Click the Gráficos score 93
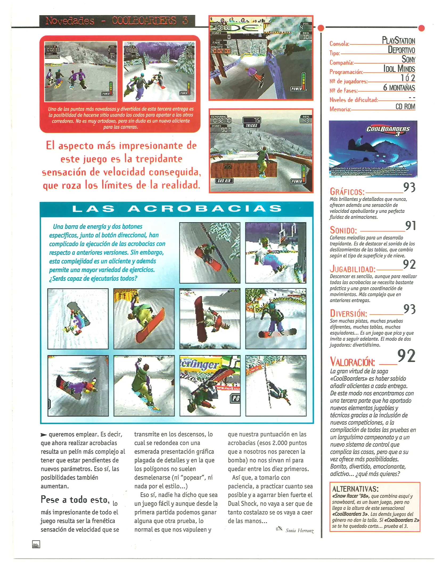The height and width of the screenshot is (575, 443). [409, 187]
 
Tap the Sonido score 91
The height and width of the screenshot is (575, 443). [410, 226]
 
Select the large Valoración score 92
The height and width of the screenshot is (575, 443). [406, 356]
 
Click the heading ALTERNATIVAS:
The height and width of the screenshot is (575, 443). [355, 489]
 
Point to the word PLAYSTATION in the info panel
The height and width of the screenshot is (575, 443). [398, 40]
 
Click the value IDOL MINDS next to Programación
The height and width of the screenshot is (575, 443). [399, 69]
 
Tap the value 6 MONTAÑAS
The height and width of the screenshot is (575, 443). [399, 88]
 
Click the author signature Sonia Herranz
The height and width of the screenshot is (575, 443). [299, 531]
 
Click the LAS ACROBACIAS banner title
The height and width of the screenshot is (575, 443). [177, 208]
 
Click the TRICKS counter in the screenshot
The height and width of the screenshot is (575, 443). [251, 125]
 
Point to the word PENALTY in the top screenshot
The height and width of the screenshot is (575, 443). [217, 47]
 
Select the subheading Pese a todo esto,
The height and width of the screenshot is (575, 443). [75, 500]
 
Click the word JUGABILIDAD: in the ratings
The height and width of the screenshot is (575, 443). [352, 269]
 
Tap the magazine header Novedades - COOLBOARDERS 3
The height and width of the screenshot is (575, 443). [117, 21]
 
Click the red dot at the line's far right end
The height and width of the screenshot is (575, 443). [421, 28]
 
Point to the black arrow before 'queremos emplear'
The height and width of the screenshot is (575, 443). [43, 435]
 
